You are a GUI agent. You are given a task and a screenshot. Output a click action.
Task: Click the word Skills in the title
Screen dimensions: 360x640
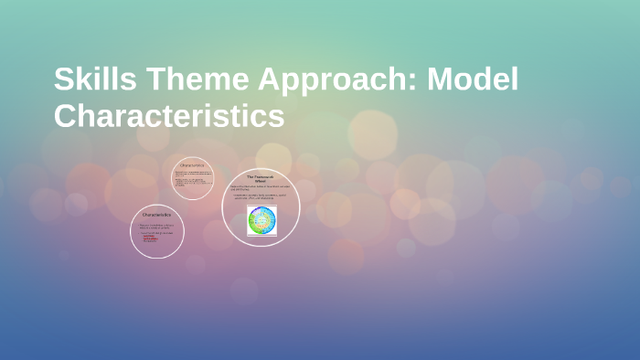pyautogui.click(x=91, y=80)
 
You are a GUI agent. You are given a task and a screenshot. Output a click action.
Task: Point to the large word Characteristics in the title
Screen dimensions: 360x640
pyautogui.click(x=169, y=117)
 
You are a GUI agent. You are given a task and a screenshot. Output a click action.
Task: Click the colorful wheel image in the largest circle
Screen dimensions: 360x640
pyautogui.click(x=261, y=220)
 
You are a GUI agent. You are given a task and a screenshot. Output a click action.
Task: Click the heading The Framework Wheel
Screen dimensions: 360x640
pyautogui.click(x=261, y=177)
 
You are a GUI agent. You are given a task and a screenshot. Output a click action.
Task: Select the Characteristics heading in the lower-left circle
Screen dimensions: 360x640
pyautogui.click(x=157, y=215)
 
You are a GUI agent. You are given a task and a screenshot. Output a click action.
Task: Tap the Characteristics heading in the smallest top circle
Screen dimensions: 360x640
pyautogui.click(x=193, y=165)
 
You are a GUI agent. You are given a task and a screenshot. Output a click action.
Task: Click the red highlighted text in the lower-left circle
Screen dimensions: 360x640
pyautogui.click(x=151, y=238)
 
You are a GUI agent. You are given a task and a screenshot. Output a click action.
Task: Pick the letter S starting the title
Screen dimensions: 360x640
pyautogui.click(x=64, y=80)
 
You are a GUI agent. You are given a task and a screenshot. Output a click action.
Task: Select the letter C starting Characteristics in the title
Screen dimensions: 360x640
pyautogui.click(x=66, y=117)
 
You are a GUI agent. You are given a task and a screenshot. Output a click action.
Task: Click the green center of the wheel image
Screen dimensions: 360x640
pyautogui.click(x=261, y=220)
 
